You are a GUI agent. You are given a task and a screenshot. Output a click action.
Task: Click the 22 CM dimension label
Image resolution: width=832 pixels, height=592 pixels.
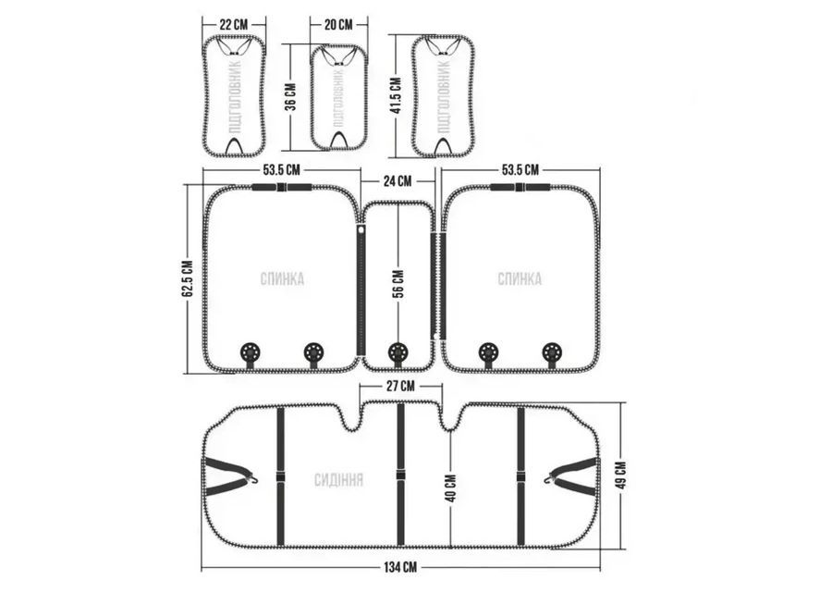click(x=233, y=25)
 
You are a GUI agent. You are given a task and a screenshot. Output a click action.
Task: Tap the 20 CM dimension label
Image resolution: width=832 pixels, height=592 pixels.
click(x=338, y=25)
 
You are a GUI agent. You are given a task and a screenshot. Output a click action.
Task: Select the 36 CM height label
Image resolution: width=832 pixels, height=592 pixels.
click(x=291, y=97)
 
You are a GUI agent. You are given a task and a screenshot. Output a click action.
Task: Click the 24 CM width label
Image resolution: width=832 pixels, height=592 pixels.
click(x=398, y=181)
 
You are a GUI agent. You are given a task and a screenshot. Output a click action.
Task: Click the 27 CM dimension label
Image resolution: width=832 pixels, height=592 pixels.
click(x=400, y=386)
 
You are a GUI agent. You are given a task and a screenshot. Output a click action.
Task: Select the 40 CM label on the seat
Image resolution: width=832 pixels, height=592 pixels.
click(x=450, y=487)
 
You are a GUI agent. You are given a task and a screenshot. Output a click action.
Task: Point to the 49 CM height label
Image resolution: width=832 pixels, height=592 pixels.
click(x=622, y=475)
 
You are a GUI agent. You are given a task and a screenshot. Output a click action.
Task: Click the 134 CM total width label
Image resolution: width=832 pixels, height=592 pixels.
click(x=400, y=567)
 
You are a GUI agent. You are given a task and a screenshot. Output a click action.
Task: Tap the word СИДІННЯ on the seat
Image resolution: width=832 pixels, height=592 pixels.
click(x=338, y=480)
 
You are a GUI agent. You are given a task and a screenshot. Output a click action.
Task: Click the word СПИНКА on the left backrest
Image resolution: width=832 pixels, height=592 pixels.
click(x=282, y=279)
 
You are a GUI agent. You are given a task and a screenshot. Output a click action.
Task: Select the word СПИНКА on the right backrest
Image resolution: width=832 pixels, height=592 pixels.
click(x=520, y=279)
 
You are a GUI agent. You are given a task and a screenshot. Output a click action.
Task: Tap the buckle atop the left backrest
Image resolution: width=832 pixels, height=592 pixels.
click(x=281, y=187)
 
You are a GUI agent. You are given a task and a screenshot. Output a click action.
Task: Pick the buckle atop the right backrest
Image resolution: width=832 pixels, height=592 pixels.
click(x=520, y=187)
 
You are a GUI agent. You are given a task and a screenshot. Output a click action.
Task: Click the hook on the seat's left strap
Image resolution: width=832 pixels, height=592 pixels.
click(x=255, y=479)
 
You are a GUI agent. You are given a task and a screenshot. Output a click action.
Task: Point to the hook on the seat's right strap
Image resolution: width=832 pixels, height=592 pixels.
click(x=548, y=479)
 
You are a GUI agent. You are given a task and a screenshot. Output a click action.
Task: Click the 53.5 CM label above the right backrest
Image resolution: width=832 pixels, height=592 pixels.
click(x=520, y=170)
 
